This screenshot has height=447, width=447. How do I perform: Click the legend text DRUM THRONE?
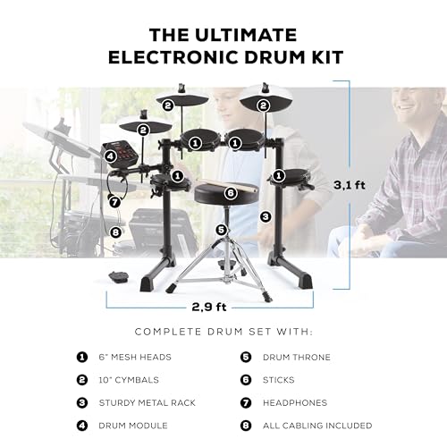point(298,357)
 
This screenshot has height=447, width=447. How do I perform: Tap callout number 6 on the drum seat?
point(230,192)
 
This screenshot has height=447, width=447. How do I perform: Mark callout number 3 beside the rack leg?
point(265,215)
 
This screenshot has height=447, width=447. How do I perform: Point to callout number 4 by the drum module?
point(110,156)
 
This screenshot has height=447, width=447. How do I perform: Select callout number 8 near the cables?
point(115,232)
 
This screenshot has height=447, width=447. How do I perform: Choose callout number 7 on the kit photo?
point(114,202)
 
